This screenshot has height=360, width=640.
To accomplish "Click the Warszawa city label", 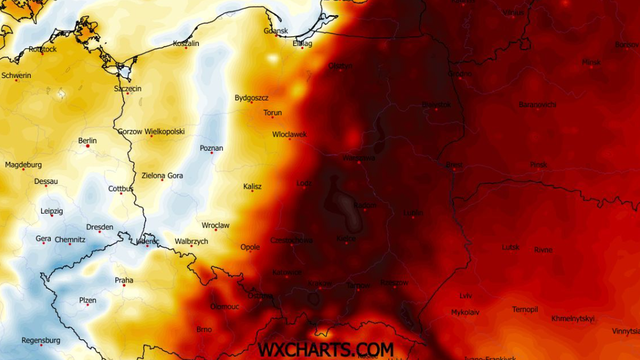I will pos(358,158).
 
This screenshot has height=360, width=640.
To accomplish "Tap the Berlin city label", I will pos(87,141).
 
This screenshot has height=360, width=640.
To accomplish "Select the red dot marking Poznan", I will pos(212,153).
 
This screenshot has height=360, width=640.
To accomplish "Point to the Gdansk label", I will pos(276,31).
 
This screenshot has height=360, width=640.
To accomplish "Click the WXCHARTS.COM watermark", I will pos(325,349).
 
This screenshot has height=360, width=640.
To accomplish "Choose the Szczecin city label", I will pos(127,89).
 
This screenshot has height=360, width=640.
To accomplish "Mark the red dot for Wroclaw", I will pos(216,230).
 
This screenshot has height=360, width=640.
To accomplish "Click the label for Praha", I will pos(124,281).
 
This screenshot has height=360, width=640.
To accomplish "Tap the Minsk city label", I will pos(591,62).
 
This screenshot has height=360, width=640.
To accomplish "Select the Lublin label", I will pos(413,213).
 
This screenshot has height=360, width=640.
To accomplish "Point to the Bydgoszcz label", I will pos(251,98).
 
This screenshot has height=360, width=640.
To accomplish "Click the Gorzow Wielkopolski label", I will pos(151,131).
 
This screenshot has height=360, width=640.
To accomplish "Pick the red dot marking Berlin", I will pos(87,146).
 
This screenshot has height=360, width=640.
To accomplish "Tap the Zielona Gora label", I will pos(162,175).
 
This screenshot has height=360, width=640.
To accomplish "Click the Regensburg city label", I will pos(41,340).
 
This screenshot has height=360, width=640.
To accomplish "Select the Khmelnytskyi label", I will pos(572,319).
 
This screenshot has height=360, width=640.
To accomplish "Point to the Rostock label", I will pos(43,49).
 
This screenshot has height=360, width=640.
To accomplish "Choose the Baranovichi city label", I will pos(537,105).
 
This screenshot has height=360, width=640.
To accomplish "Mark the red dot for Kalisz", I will pos(252,191).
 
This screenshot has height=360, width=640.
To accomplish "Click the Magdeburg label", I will pos(23,165).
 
